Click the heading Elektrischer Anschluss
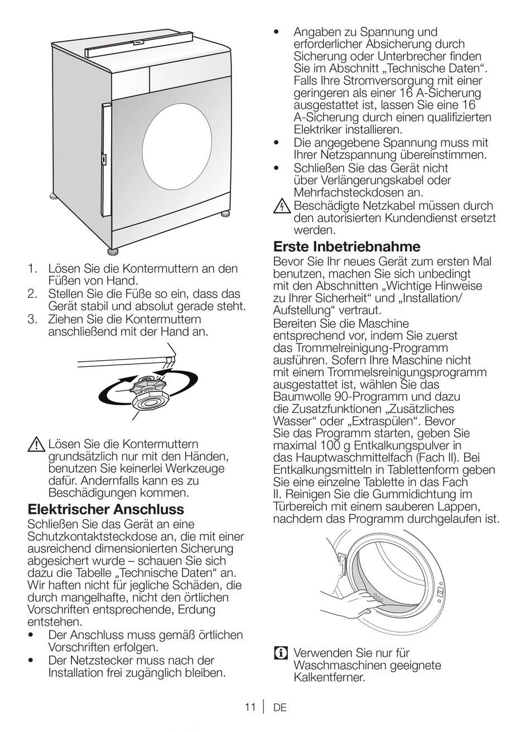tap(105, 510)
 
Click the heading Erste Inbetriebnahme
tap(346, 246)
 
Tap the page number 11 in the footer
tap(249, 707)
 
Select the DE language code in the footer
tap(280, 707)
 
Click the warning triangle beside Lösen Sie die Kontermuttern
tap(36, 445)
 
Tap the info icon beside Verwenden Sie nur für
tap(281, 653)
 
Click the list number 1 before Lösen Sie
tap(33, 269)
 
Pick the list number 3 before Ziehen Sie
tap(33, 319)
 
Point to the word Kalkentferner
tap(329, 678)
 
